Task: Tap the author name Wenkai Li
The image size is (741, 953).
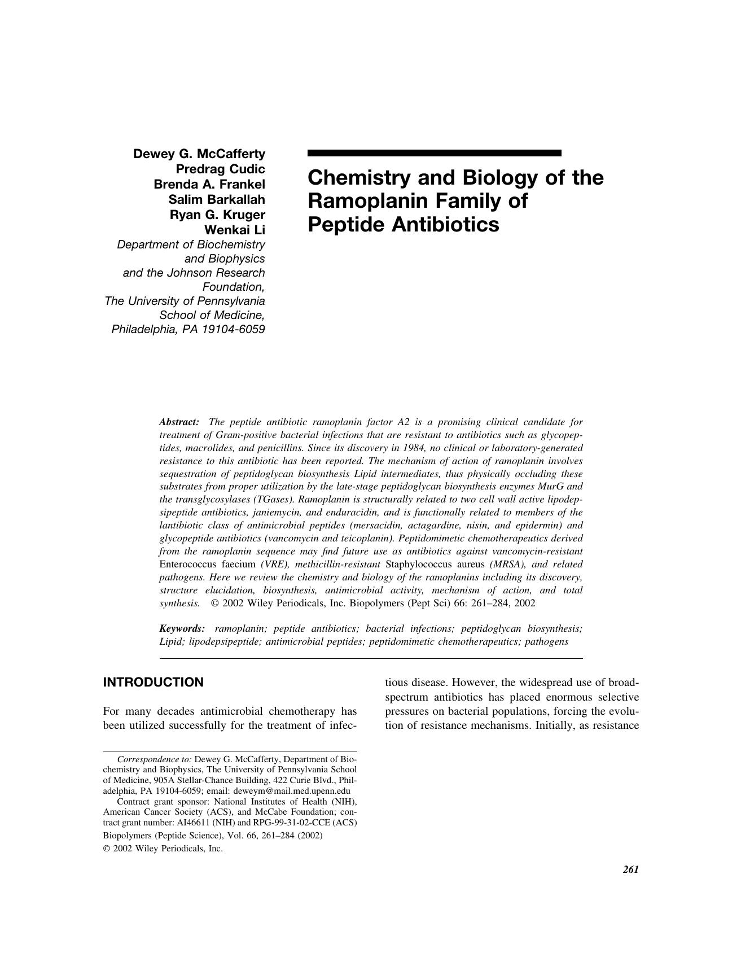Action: (234, 230)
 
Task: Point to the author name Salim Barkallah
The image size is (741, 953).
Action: (217, 199)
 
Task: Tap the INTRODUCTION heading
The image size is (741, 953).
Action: (153, 682)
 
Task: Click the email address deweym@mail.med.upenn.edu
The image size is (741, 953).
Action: (302, 791)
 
